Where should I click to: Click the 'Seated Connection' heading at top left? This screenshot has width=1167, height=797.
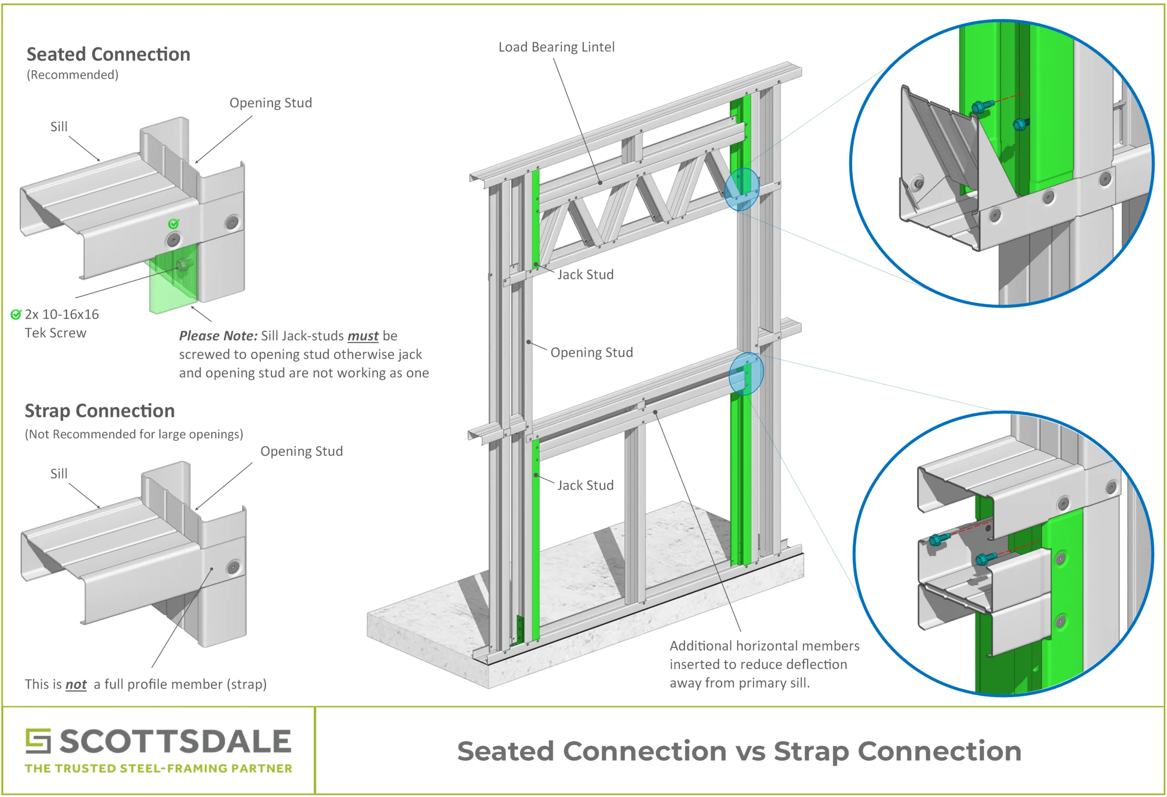tap(108, 54)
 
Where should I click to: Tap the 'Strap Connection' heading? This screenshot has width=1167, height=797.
tap(100, 411)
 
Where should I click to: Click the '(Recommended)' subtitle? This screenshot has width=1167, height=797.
tap(73, 75)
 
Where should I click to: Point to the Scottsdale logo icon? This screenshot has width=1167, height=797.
tap(38, 741)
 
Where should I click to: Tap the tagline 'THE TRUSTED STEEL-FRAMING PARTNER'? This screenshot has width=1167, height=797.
tap(159, 768)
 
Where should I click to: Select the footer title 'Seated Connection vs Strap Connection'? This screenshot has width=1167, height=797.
tap(739, 751)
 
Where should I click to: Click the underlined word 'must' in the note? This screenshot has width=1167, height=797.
tap(363, 336)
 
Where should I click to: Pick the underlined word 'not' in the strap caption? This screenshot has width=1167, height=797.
tap(76, 684)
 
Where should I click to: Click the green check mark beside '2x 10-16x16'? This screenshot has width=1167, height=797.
tap(16, 315)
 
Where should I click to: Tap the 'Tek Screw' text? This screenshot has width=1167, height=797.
tap(56, 333)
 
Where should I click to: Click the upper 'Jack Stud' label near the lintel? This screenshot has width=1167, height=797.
tap(585, 274)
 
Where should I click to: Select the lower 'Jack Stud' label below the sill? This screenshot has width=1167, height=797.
tap(585, 485)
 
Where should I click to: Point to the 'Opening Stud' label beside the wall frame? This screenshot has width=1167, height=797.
tap(592, 352)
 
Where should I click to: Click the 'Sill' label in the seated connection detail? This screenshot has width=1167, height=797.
tap(59, 127)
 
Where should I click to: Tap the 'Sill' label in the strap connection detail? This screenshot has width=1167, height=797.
tap(59, 474)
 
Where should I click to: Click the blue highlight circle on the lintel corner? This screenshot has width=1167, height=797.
tap(742, 189)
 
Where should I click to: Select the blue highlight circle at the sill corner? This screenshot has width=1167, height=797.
tap(746, 373)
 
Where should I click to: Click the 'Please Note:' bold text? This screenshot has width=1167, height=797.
tap(218, 336)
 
